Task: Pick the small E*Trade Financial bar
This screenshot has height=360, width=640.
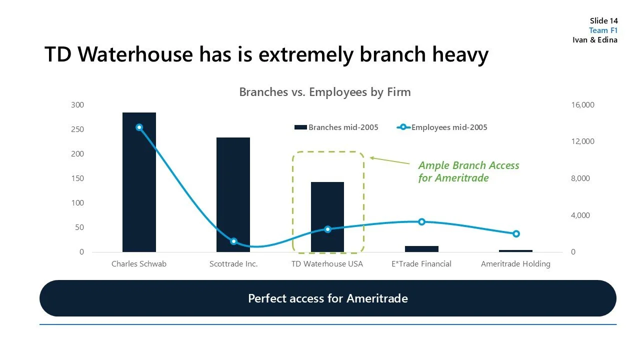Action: tap(421, 248)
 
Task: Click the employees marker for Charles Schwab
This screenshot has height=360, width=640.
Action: tap(139, 127)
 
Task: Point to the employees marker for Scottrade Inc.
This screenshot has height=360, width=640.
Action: tap(233, 241)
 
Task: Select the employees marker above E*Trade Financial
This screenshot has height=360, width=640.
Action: tap(421, 221)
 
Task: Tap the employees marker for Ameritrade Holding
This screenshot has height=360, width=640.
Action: tap(516, 234)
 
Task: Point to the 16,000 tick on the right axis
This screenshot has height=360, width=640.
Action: tap(582, 105)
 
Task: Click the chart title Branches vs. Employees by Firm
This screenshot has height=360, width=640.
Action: tap(324, 92)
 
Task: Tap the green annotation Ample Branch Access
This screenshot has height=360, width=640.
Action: tap(468, 166)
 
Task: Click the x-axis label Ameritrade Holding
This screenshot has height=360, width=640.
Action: tap(515, 264)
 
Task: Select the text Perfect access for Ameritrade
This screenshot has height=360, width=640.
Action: tap(327, 298)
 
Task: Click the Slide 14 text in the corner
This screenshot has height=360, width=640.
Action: tap(603, 21)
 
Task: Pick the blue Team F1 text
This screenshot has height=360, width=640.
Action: tap(603, 30)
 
